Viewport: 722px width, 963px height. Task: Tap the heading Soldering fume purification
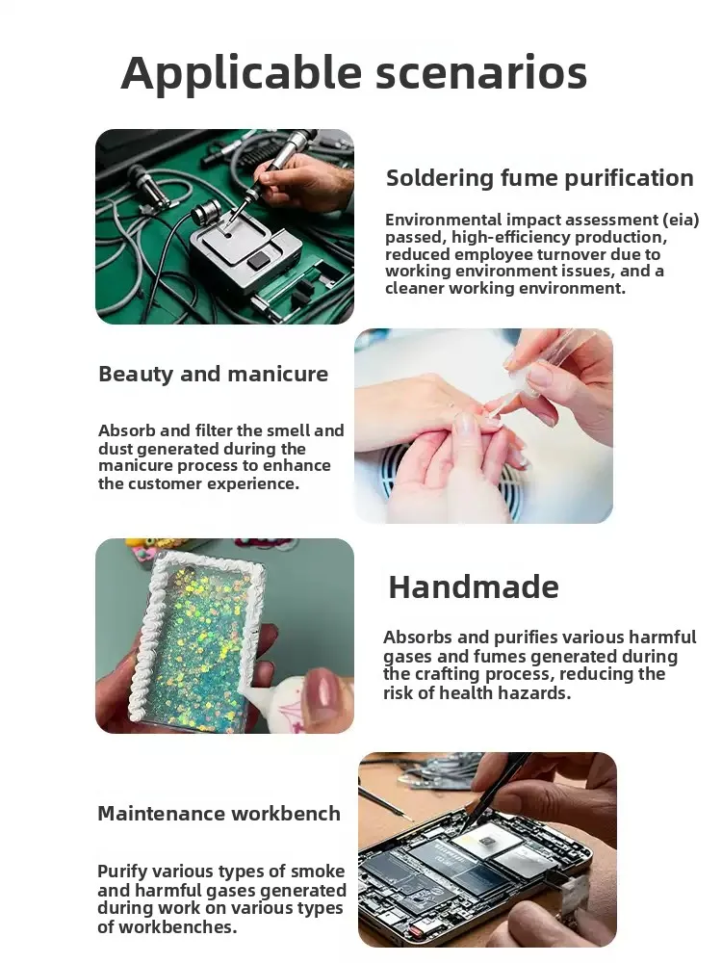[539, 178]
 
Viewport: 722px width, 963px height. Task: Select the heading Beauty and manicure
[213, 374]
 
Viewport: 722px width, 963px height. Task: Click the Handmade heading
[473, 586]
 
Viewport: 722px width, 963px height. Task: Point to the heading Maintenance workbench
[219, 814]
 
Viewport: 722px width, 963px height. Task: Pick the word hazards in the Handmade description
[540, 691]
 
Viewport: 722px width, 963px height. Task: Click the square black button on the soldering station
[258, 260]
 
